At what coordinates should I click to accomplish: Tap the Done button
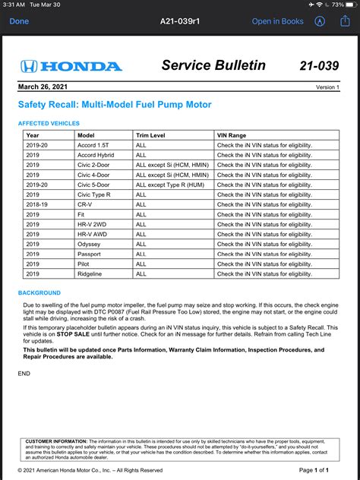pos(19,21)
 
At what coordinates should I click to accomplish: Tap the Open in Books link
pos(277,21)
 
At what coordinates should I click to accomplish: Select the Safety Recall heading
pos(115,104)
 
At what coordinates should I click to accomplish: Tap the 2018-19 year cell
pos(38,204)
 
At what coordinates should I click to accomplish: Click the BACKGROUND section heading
pos(39,292)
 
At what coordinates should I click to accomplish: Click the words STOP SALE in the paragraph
pos(74,333)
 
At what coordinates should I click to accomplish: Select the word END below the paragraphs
pos(24,373)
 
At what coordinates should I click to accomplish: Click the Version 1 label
pos(327,87)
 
